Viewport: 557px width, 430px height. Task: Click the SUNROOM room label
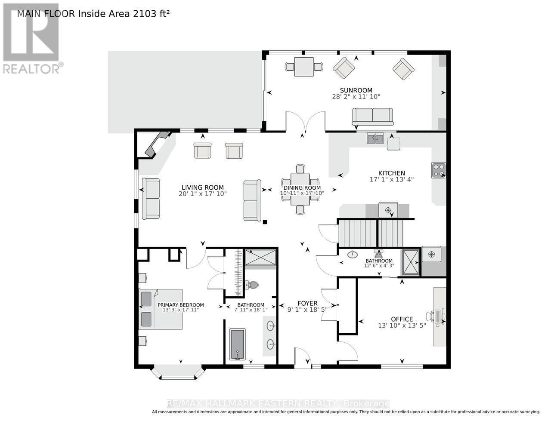[x=356, y=90]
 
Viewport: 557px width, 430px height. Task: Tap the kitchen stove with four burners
[x=439, y=170]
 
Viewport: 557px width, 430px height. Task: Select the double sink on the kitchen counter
[x=375, y=138]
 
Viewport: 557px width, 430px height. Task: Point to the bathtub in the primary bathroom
[x=237, y=344]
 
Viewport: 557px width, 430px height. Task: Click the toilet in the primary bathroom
[x=252, y=285]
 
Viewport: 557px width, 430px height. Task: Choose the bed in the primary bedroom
[x=161, y=309]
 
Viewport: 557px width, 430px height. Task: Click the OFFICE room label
[x=402, y=319]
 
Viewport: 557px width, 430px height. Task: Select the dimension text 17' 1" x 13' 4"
[x=391, y=179]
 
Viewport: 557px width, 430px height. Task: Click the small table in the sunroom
[x=304, y=67]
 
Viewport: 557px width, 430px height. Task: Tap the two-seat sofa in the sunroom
[x=372, y=117]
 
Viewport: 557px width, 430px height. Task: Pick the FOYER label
[x=307, y=303]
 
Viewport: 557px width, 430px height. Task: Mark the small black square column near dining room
[x=265, y=222]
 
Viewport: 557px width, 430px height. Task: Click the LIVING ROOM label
[x=202, y=187]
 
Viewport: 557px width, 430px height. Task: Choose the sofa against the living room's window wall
[x=151, y=199]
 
